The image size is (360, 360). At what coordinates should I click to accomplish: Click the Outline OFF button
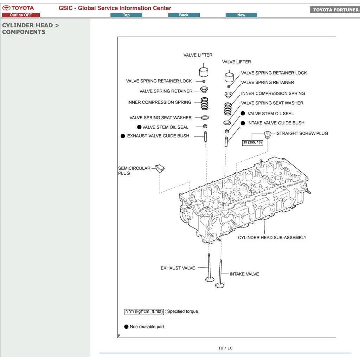21,15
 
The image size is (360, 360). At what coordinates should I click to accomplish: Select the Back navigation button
184,15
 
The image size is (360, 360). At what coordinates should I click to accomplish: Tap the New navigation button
241,15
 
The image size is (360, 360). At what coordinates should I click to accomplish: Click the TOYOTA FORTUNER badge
335,9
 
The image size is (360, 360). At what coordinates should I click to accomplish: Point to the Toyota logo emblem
6,8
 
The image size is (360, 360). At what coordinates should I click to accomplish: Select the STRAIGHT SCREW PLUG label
302,134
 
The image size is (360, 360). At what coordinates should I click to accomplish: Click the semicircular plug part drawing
160,168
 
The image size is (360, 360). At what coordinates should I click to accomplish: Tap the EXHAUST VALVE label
178,268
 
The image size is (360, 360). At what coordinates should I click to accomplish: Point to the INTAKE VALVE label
244,274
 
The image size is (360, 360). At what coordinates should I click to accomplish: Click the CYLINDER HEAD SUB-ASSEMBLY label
272,238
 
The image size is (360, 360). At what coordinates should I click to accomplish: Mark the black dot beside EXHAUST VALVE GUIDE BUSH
123,136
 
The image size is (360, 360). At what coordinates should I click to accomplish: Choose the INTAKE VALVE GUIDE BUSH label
276,123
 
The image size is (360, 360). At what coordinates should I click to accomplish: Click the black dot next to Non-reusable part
126,327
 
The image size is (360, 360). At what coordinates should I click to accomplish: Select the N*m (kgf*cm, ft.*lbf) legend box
144,311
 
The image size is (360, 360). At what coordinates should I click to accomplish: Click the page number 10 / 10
225,348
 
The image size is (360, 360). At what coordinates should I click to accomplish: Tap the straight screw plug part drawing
268,135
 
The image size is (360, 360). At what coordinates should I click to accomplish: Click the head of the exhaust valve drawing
210,279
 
